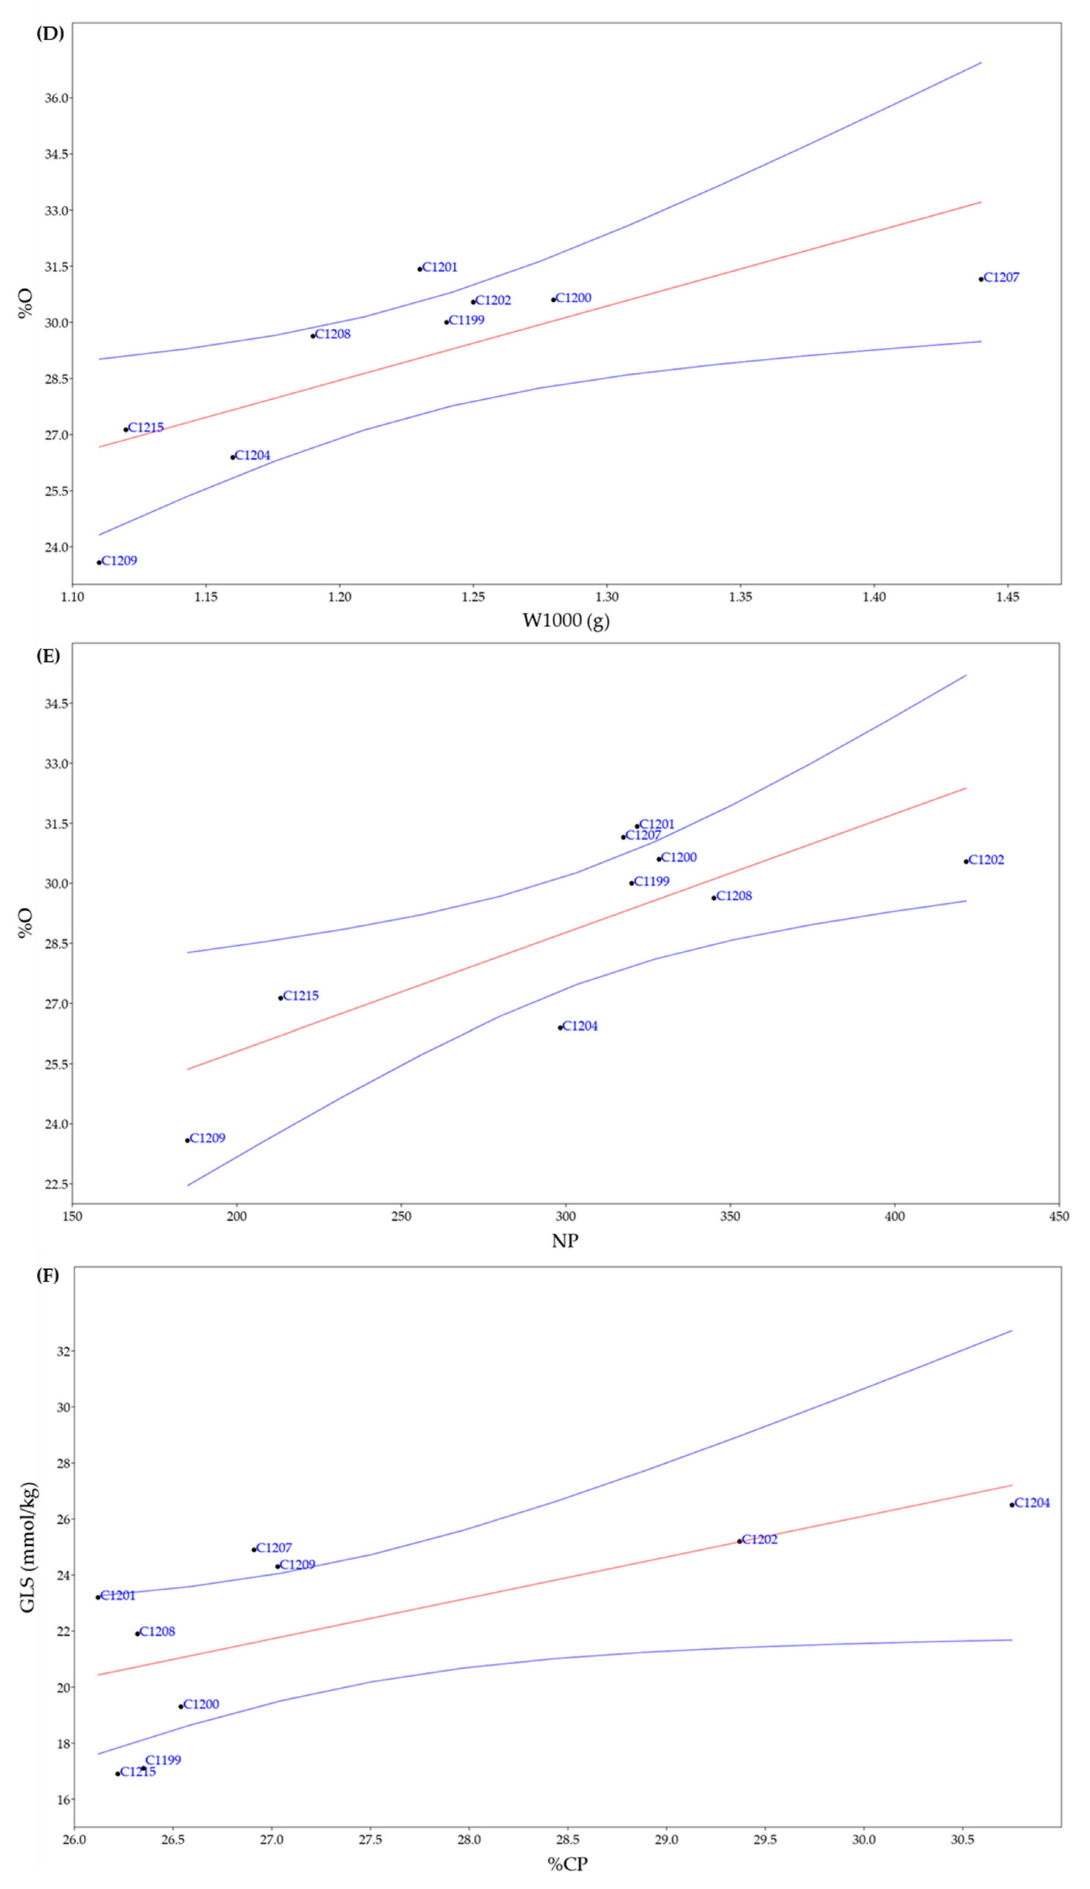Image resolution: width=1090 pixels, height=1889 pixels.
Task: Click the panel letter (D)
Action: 50,34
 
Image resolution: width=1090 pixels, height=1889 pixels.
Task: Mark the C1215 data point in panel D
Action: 126,429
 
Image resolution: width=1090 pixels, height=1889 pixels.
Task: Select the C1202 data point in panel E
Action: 966,861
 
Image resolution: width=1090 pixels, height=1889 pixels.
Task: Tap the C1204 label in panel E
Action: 580,1026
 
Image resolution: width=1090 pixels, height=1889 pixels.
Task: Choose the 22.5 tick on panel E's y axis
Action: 55,1184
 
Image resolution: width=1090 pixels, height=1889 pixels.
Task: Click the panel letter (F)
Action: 48,1276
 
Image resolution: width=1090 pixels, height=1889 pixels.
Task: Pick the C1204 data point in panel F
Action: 1011,1505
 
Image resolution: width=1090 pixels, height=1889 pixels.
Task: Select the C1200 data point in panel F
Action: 180,1706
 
